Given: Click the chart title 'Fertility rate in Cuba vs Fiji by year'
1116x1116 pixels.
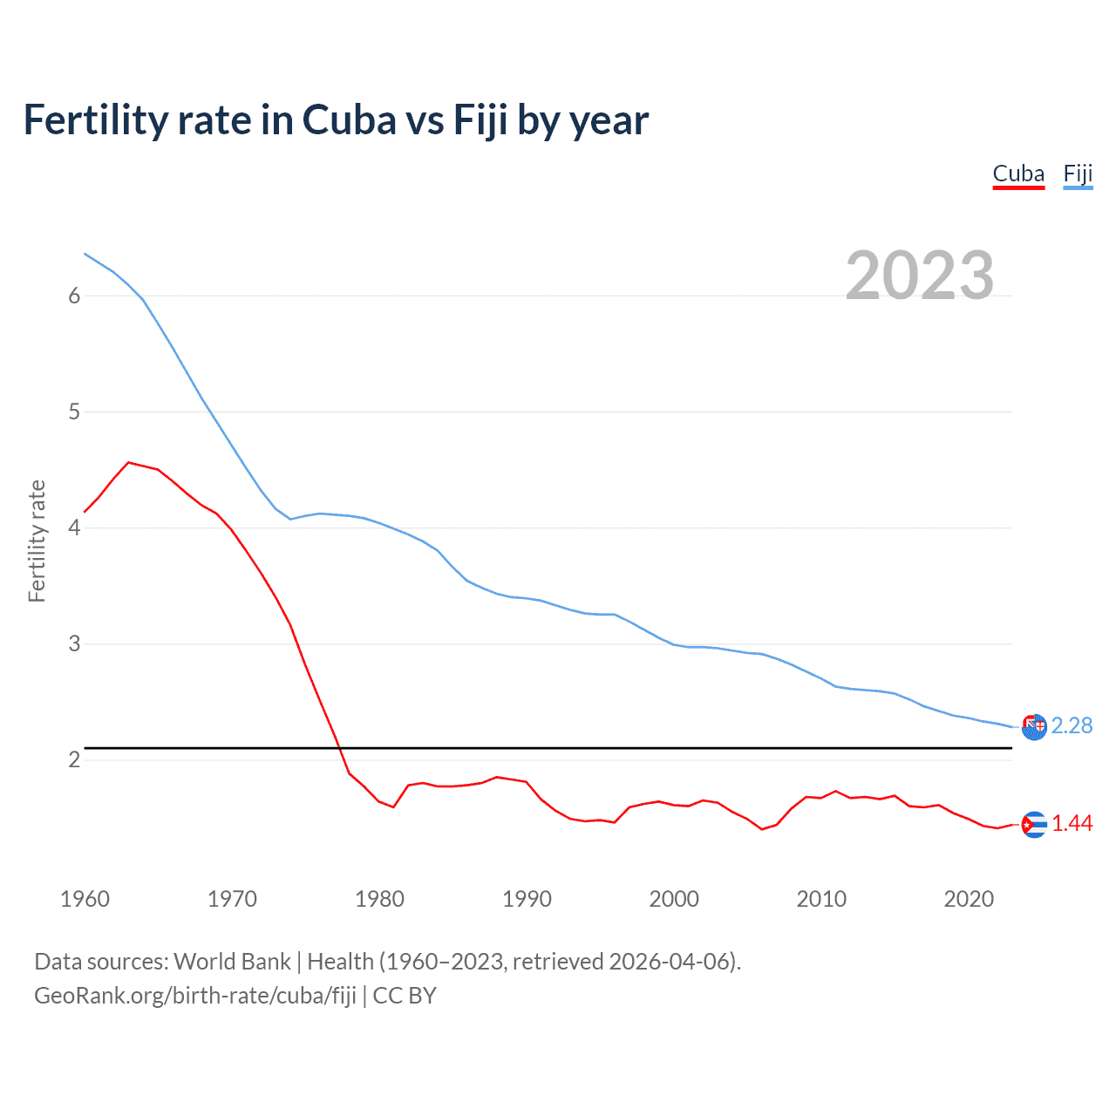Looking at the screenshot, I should [336, 120].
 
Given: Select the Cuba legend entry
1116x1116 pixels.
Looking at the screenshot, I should [1018, 174].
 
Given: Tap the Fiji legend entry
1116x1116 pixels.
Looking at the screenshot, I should [1078, 174].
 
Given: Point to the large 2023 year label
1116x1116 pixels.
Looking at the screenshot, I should [919, 276].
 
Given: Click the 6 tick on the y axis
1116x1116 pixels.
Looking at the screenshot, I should [74, 296].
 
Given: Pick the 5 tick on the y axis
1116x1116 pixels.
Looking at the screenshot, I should [74, 412].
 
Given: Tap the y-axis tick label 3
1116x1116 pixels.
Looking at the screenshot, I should [74, 644].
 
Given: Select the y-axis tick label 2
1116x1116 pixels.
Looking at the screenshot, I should [74, 760].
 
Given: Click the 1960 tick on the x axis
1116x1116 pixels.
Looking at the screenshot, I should [85, 899].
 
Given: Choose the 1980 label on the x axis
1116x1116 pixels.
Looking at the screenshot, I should [379, 899].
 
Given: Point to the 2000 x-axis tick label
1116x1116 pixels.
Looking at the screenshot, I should [674, 899].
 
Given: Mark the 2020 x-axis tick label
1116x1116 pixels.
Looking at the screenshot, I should [969, 899].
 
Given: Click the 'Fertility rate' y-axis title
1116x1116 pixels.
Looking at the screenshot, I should [37, 541].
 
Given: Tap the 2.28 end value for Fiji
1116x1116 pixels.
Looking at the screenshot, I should [1072, 726].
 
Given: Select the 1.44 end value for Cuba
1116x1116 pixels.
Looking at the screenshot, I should [1072, 824].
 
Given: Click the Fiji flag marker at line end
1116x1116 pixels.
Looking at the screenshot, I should [1034, 726].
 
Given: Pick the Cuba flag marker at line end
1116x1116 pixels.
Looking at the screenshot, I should [1034, 824].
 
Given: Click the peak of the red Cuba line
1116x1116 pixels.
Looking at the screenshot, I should [129, 462].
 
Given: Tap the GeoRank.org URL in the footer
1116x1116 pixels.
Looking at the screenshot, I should [195, 996].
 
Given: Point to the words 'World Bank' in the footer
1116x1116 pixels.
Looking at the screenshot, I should [232, 962].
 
